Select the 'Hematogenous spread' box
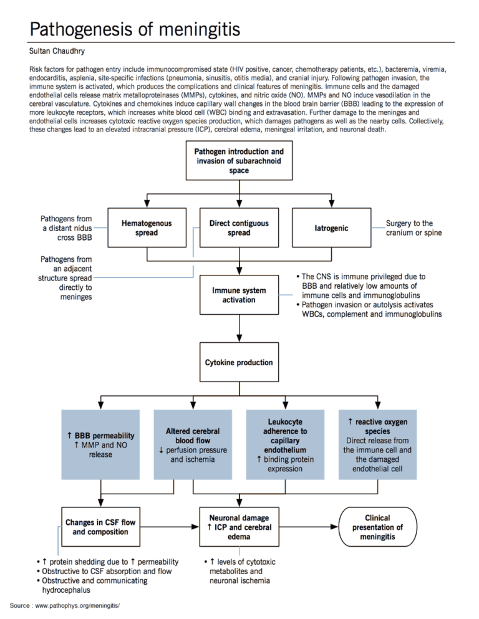click(146, 228)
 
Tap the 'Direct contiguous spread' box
click(239, 228)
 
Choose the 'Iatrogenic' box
click(331, 228)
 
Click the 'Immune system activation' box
click(239, 295)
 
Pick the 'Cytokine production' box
click(239, 362)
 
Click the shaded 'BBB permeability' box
click(100, 444)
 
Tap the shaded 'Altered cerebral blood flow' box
click(193, 444)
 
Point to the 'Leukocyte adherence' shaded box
click(285, 444)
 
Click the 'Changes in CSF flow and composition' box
click(100, 527)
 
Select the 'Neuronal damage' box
click(239, 527)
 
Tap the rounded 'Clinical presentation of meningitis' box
click(377, 527)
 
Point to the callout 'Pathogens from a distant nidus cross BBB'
click(65, 228)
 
